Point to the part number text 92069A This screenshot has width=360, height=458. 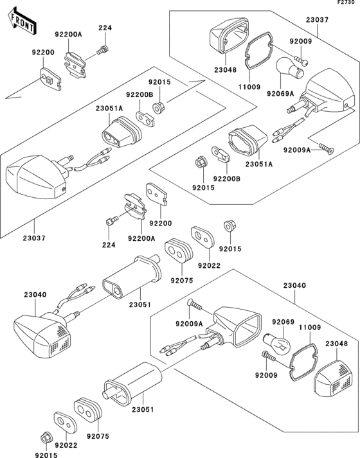[x=280, y=94]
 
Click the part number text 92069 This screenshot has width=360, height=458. [x=283, y=322]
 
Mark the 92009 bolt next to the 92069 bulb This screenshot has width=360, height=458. [x=269, y=356]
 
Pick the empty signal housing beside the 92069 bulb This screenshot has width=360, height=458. [x=237, y=327]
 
